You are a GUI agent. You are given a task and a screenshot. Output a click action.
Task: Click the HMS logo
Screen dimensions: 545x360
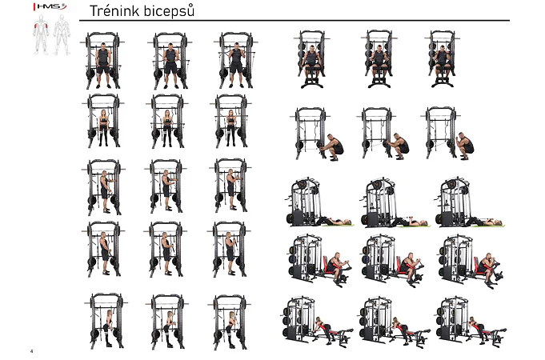50,6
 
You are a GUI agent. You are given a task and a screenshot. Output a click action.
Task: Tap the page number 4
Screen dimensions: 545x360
32,351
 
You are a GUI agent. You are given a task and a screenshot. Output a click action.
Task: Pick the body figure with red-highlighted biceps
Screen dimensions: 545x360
41,34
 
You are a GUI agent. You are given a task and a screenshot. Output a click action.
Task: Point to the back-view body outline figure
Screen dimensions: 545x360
62,34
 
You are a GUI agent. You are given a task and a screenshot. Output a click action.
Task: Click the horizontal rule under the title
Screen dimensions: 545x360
295,21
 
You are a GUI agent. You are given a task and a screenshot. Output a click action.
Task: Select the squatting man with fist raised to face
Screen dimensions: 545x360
465,146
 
